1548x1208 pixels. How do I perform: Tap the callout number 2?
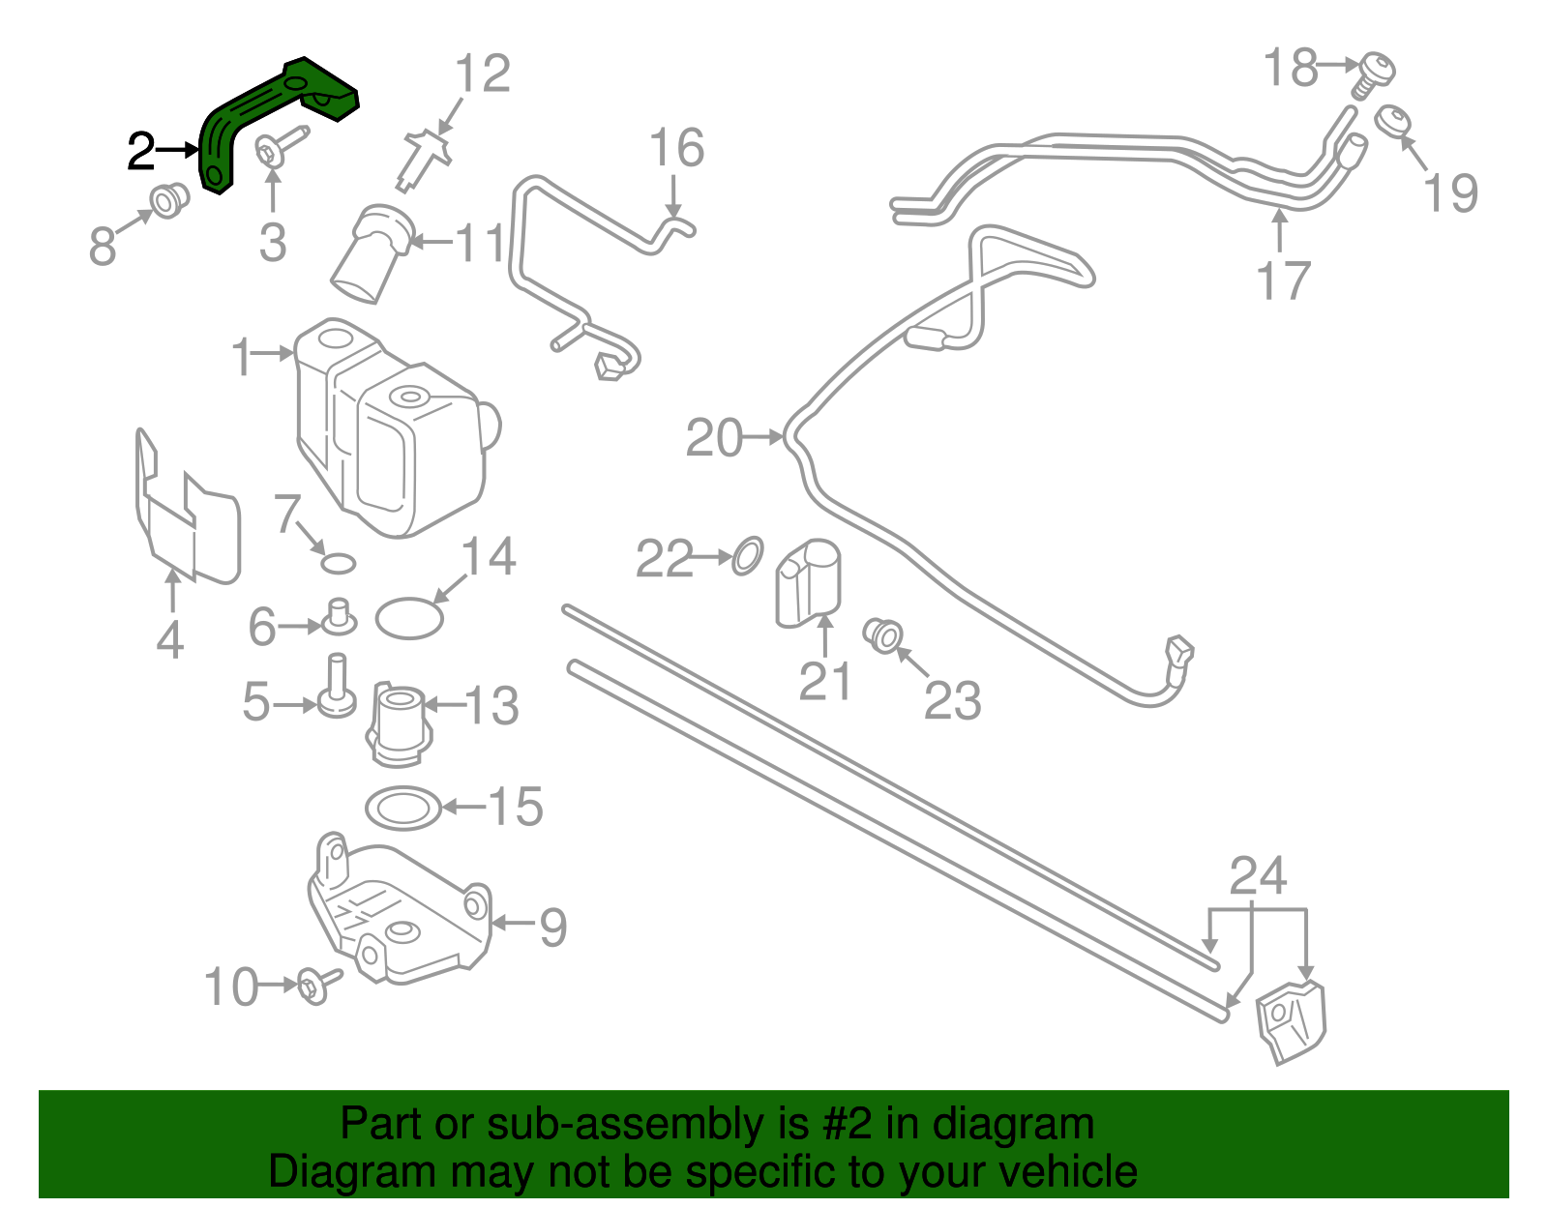141,152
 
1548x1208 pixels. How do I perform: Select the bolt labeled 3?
277,146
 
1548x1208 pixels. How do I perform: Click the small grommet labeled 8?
169,200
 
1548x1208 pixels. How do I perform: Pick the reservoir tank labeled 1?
387,426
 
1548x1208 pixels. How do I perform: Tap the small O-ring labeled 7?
338,563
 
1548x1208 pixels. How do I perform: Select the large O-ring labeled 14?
408,618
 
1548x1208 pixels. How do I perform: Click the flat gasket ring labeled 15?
402,807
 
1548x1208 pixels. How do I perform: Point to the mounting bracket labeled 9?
397,909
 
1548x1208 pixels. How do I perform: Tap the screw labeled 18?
1373,73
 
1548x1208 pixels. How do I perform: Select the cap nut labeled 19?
1392,123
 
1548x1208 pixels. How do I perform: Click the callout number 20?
714,438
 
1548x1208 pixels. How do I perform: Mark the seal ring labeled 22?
746,556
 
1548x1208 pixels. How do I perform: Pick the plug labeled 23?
883,635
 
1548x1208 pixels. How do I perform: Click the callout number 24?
1258,876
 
